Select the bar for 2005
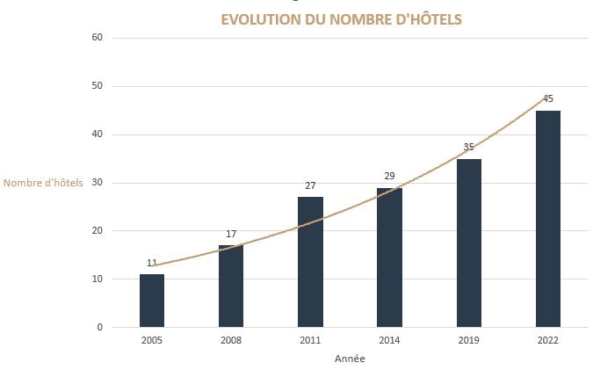point(152,301)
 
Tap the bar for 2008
point(231,286)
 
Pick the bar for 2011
point(310,262)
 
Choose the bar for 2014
point(389,257)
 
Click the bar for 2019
point(469,243)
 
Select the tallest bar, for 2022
point(548,218)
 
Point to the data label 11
point(152,263)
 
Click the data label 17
point(231,234)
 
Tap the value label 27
point(310,185)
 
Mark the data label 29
point(389,177)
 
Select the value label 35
point(469,148)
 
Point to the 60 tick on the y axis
point(97,38)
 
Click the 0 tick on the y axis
point(99,327)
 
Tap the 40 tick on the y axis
point(97,134)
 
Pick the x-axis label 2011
point(310,340)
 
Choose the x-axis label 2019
point(469,340)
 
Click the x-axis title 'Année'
point(350,359)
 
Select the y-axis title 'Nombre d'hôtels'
point(44,183)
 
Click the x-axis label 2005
point(152,340)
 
